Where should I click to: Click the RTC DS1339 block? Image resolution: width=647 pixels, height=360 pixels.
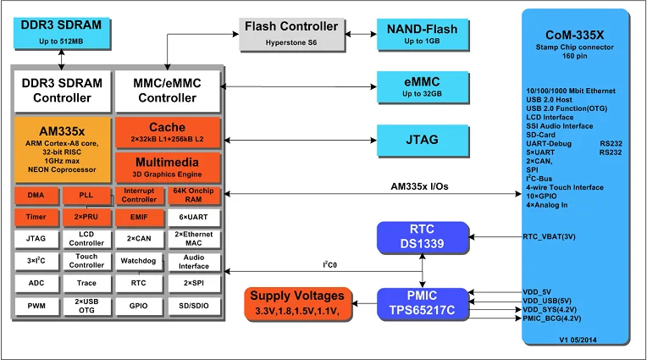422,237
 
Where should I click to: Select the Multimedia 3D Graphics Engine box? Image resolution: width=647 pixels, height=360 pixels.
167,166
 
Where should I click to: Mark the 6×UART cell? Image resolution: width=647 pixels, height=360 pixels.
194,218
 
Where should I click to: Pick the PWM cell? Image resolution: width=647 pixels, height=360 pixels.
36,305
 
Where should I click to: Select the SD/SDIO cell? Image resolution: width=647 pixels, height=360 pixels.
194,305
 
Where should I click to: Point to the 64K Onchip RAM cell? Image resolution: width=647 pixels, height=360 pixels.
194,196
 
